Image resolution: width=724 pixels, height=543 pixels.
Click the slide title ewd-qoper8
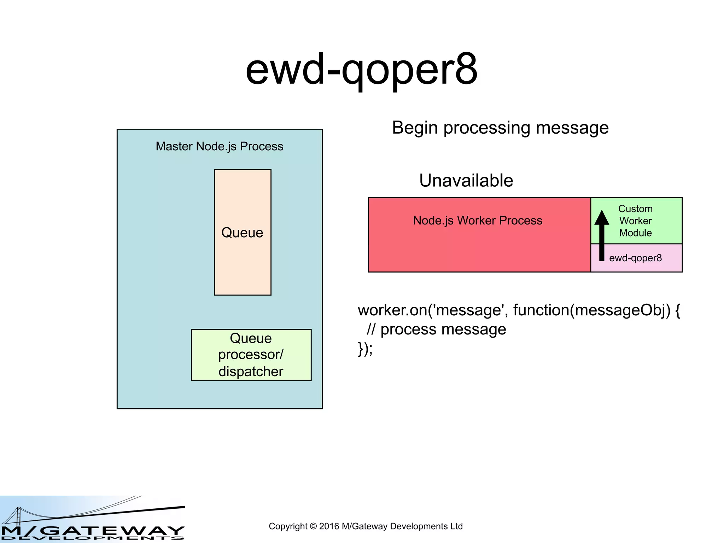click(x=361, y=70)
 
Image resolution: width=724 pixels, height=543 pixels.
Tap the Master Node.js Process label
click(x=219, y=146)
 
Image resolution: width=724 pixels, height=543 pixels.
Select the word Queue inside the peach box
click(x=242, y=233)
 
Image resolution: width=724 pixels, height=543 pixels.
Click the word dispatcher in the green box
click(x=251, y=372)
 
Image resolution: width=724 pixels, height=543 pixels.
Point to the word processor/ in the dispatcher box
click(x=251, y=355)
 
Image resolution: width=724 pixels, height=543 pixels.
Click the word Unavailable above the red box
click(x=466, y=181)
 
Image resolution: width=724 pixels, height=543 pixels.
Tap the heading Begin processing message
click(x=500, y=128)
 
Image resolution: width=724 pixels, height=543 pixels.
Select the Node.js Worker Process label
click(x=477, y=221)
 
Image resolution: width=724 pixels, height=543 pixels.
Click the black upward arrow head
click(x=602, y=217)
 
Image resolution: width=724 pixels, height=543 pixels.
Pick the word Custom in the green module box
click(x=635, y=209)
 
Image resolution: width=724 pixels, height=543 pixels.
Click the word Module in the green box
click(x=635, y=233)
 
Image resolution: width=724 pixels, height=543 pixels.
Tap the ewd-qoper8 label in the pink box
click(x=635, y=258)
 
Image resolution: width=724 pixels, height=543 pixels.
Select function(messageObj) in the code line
click(x=591, y=310)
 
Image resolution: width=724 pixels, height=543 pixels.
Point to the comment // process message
click(x=436, y=329)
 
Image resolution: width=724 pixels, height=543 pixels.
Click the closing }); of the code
click(x=365, y=349)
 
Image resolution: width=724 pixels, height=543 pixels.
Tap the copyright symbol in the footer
click(x=313, y=526)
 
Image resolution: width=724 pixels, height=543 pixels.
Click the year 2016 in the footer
click(x=329, y=526)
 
